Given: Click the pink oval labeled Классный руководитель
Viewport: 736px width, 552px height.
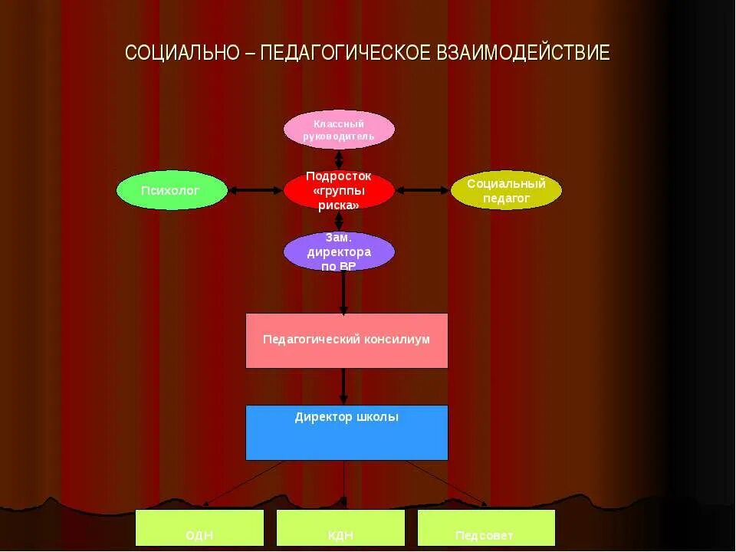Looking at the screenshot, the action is [339, 130].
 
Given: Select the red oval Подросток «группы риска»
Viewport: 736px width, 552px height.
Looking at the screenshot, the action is [339, 190].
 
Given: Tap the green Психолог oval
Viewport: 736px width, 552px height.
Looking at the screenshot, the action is [172, 190].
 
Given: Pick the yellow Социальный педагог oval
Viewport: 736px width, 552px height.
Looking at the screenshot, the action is [506, 190].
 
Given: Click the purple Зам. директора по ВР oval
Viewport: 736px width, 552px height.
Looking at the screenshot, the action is [339, 251].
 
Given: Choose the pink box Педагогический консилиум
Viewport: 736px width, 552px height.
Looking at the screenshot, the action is [347, 340].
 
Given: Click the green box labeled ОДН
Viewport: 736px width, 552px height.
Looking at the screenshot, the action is [199, 528].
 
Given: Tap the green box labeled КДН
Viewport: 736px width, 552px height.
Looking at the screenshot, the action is [340, 528].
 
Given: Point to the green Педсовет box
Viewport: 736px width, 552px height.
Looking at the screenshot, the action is [486, 528].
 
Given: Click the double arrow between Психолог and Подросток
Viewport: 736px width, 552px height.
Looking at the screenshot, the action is [255, 190].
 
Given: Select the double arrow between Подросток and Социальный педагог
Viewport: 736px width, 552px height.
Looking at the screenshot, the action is [422, 190].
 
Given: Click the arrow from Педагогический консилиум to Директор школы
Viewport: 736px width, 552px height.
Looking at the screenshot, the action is [343, 386].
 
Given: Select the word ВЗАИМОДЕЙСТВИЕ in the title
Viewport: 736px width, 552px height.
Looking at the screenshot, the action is [523, 53].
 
